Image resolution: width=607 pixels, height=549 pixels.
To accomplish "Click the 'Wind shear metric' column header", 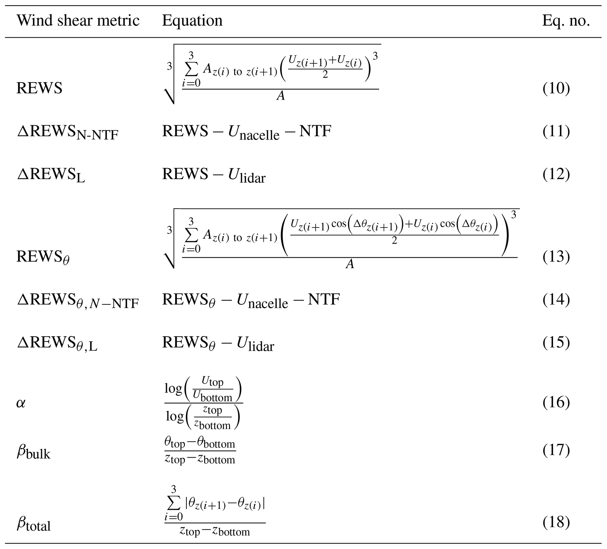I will click(78, 21).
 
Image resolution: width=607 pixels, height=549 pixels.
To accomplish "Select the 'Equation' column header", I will click(192, 21).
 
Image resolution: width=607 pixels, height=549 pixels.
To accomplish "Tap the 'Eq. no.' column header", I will click(566, 21).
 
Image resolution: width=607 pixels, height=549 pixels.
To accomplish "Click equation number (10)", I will click(556, 88).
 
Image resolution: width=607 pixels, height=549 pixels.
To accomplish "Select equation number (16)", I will click(556, 403).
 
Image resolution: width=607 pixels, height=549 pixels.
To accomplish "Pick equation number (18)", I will click(556, 522).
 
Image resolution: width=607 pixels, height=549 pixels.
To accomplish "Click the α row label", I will click(21, 403).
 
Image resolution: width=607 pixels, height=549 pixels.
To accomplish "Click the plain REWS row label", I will click(39, 88).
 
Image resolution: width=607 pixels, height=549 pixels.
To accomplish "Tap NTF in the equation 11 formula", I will click(315, 131).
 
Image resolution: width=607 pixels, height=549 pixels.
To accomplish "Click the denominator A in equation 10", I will click(281, 96).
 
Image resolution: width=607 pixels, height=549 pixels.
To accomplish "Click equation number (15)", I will click(556, 343).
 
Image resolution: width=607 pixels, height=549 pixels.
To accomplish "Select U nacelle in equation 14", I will click(262, 301).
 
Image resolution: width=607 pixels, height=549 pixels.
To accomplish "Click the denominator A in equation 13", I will click(349, 264).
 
